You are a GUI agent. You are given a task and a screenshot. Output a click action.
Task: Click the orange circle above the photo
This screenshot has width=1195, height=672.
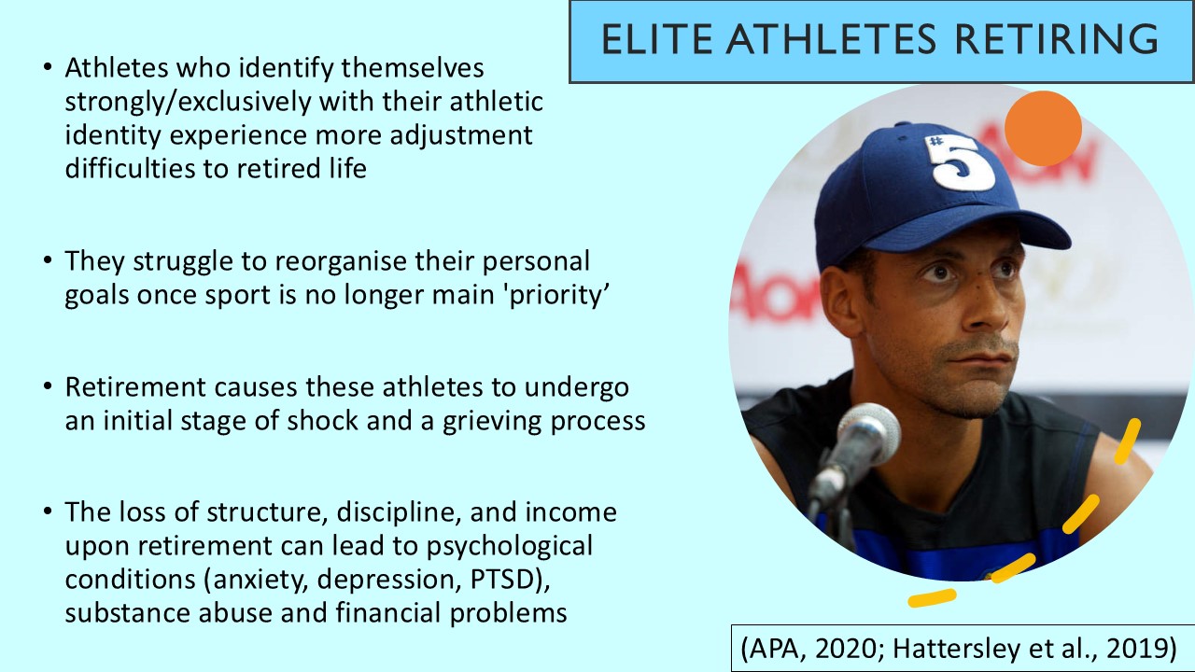pos(1043,129)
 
